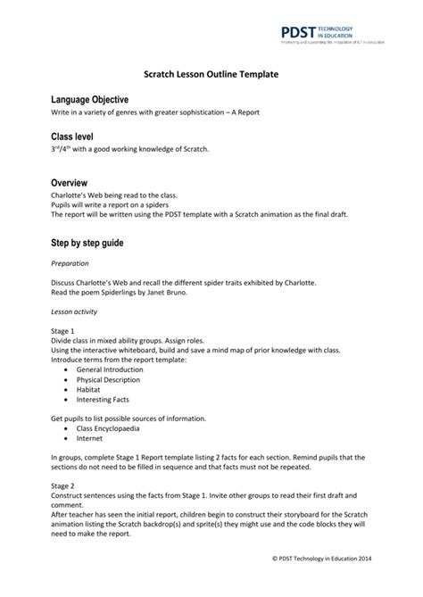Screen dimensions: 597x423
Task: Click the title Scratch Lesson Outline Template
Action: [x=211, y=78]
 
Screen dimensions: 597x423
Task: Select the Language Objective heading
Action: [x=90, y=100]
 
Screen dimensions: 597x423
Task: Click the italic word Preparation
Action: [x=70, y=264]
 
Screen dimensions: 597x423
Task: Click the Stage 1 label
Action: [x=64, y=330]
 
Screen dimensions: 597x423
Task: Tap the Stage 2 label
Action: [x=64, y=487]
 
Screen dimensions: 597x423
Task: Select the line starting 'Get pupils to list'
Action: [x=129, y=418]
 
